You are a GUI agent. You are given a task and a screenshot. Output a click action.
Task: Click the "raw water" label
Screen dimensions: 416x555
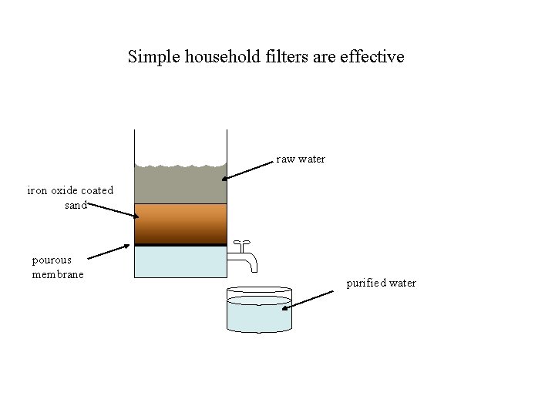pyautogui.click(x=301, y=159)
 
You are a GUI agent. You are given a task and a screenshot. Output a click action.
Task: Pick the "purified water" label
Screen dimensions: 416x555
pyautogui.click(x=381, y=283)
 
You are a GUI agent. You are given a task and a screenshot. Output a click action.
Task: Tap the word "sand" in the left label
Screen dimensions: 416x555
pyautogui.click(x=76, y=205)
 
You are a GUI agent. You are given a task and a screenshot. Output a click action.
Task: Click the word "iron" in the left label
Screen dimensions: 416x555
pyautogui.click(x=37, y=190)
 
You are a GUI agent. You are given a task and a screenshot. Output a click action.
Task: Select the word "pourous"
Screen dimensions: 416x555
pyautogui.click(x=52, y=260)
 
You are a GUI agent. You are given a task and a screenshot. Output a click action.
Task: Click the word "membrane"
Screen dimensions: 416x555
pyautogui.click(x=58, y=274)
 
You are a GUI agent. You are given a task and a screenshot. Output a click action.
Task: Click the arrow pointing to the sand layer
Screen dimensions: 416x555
pyautogui.click(x=113, y=210)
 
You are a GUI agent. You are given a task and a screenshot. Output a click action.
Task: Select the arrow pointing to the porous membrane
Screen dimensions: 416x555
pyautogui.click(x=109, y=252)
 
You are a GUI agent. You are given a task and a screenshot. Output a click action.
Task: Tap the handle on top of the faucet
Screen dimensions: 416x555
pyautogui.click(x=241, y=243)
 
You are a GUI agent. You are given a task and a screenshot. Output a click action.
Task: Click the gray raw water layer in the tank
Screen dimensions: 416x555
pyautogui.click(x=180, y=185)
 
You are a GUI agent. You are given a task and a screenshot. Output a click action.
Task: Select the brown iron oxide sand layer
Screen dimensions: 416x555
pyautogui.click(x=180, y=223)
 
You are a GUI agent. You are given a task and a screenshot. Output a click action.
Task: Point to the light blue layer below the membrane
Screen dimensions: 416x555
pyautogui.click(x=180, y=262)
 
